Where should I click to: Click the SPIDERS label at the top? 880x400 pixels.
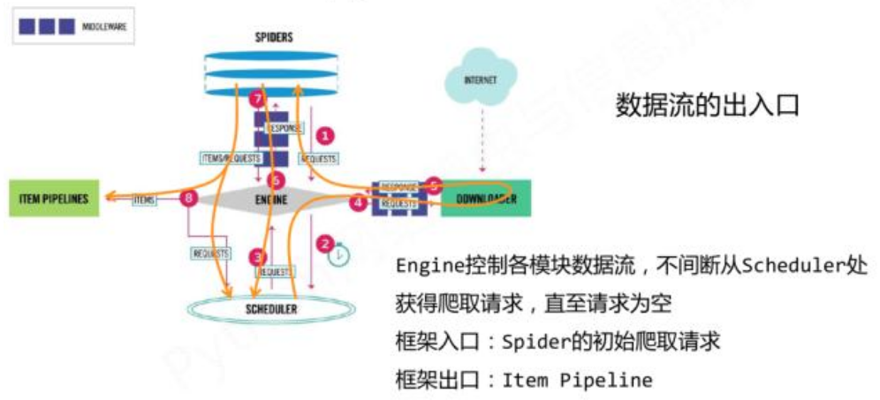click(271, 37)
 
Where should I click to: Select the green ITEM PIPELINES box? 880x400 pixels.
click(54, 199)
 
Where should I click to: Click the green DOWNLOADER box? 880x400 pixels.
click(485, 199)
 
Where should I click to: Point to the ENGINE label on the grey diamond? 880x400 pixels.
click(271, 200)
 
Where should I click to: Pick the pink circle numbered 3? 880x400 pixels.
click(257, 257)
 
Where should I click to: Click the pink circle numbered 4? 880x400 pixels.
click(358, 202)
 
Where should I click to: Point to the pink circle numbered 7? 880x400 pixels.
click(257, 99)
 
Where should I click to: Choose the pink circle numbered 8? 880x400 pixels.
click(187, 199)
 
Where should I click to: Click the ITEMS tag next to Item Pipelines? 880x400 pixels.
click(144, 200)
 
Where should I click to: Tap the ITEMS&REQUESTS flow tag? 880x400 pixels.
click(231, 158)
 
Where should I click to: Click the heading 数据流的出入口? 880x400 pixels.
click(707, 105)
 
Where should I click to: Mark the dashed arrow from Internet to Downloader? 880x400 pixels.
click(482, 141)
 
